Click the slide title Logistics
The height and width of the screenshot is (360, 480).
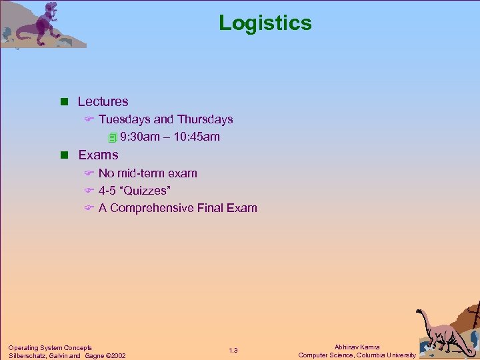[265, 23]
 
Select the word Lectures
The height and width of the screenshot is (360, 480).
[103, 102]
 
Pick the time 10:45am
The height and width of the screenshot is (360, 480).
[196, 137]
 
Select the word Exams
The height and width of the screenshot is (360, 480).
[98, 155]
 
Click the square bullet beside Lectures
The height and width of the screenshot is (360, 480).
[65, 102]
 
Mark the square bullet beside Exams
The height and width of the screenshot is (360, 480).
[65, 155]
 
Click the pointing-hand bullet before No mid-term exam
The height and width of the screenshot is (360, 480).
[88, 173]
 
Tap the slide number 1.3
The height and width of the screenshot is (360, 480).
[233, 351]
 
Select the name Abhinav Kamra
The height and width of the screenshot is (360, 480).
[357, 347]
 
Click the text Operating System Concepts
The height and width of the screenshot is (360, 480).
[50, 347]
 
